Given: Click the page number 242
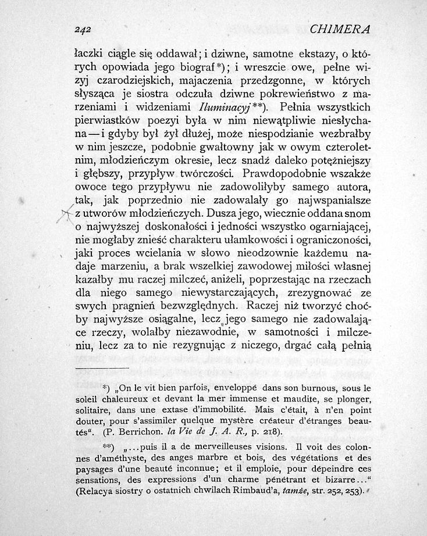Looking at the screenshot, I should pos(86,29).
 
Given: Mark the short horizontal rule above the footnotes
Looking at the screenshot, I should pos(102,369).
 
